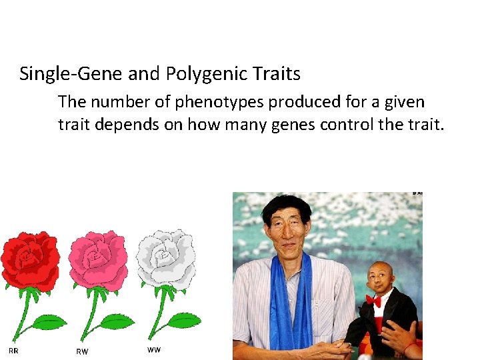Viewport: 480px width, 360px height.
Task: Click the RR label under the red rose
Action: coord(13,351)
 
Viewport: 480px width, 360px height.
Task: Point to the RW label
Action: coord(82,351)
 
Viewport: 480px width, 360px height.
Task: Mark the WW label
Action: coord(153,349)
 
